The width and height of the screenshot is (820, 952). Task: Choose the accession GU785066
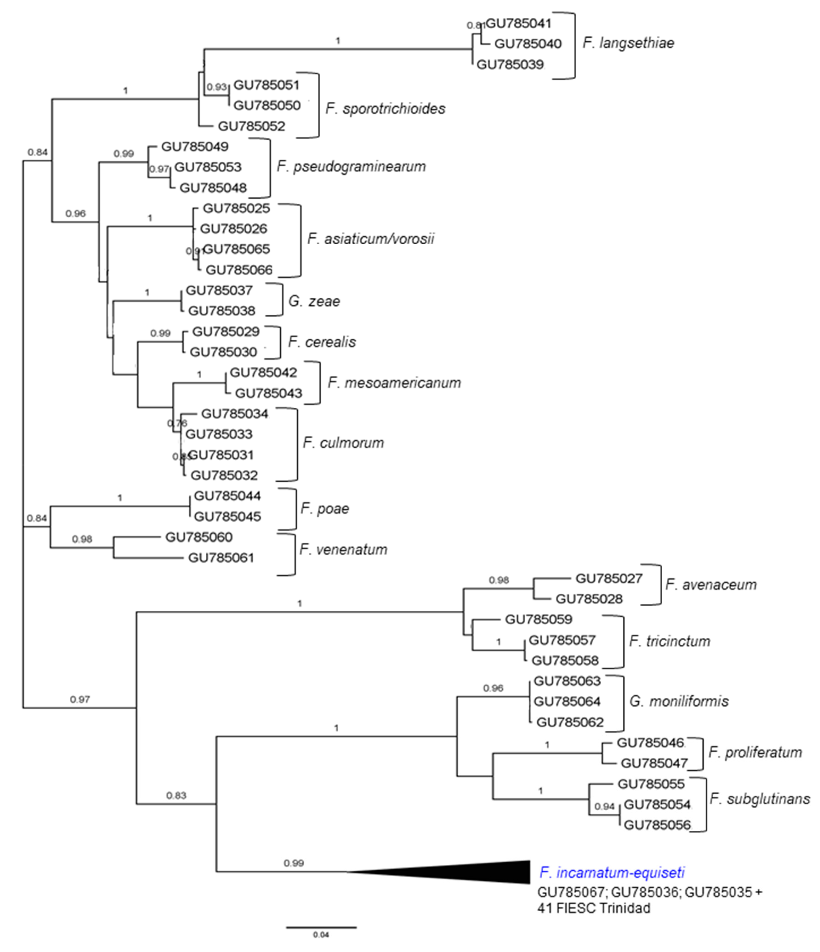tap(239, 270)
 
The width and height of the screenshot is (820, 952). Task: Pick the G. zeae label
tap(314, 301)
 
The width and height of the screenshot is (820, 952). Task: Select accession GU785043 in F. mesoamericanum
tap(269, 393)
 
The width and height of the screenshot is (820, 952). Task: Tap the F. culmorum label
tap(343, 443)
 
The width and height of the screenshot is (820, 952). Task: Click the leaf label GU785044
tap(227, 496)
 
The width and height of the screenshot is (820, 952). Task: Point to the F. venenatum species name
tap(343, 549)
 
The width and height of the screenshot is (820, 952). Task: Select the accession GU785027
tap(609, 578)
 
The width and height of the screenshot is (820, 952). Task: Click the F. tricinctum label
tap(669, 641)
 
